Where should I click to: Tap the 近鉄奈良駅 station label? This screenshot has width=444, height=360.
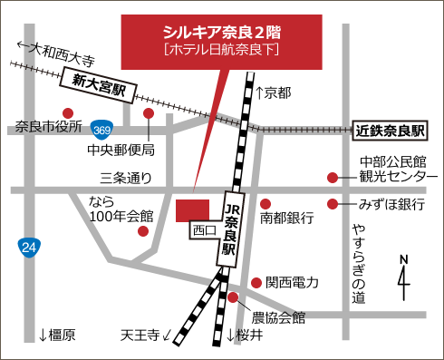click(390, 130)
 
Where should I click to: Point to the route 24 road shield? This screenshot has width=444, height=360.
click(29, 247)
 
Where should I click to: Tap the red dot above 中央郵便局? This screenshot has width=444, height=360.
click(149, 113)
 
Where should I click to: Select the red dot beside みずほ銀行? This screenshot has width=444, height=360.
click(333, 204)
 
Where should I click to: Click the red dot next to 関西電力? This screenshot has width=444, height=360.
click(257, 283)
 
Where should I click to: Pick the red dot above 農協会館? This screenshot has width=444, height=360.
click(234, 297)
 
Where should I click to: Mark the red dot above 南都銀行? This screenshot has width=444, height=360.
click(267, 203)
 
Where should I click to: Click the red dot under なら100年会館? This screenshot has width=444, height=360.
click(142, 231)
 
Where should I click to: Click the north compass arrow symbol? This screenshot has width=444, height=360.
click(404, 276)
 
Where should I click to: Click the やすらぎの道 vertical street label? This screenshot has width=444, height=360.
click(359, 263)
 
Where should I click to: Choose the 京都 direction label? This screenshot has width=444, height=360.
click(274, 92)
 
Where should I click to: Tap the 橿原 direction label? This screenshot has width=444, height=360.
click(56, 336)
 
